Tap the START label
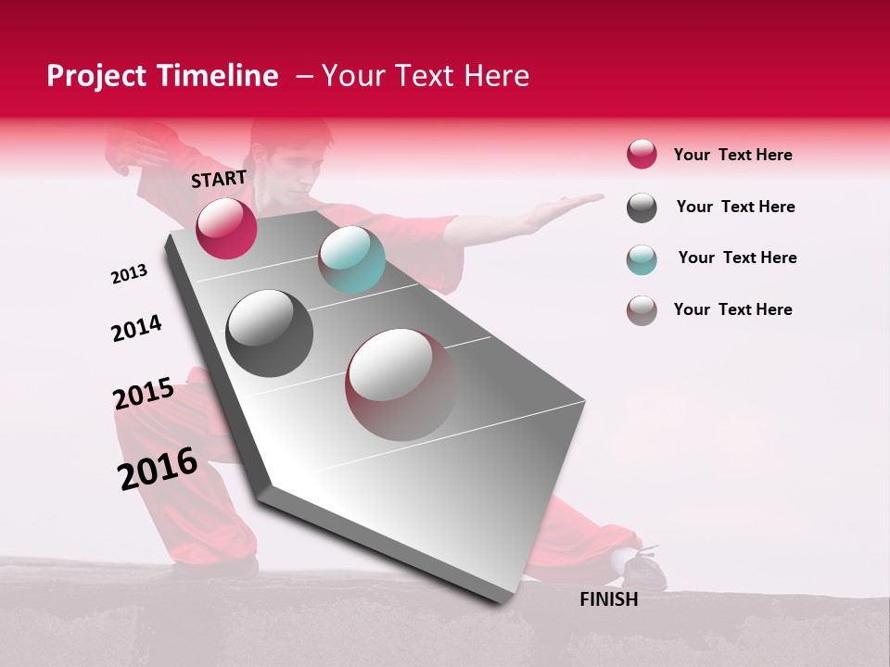click(x=219, y=179)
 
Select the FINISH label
click(x=609, y=599)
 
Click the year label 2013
click(x=129, y=274)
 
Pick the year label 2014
click(x=136, y=328)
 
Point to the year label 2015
click(x=144, y=394)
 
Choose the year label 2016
click(x=158, y=468)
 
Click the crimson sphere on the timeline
click(x=226, y=228)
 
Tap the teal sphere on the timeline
click(x=351, y=259)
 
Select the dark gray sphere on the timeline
click(x=270, y=333)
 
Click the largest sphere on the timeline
click(x=401, y=384)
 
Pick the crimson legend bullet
click(x=642, y=155)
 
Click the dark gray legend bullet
click(x=642, y=208)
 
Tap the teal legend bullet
click(x=642, y=259)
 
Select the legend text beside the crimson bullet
click(x=732, y=155)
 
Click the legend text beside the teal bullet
click(x=737, y=258)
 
